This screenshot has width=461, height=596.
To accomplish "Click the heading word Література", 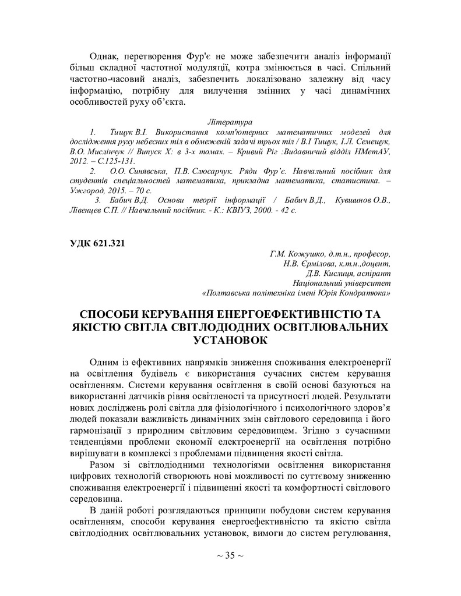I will pyautogui.click(x=230, y=122).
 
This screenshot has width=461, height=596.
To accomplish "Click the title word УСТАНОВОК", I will pyautogui.click(x=230, y=340).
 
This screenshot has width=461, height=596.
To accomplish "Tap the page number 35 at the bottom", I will pyautogui.click(x=230, y=555).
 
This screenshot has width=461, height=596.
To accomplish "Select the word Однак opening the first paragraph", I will pyautogui.click(x=103, y=56).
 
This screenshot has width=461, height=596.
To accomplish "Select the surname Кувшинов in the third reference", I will pyautogui.click(x=354, y=200).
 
